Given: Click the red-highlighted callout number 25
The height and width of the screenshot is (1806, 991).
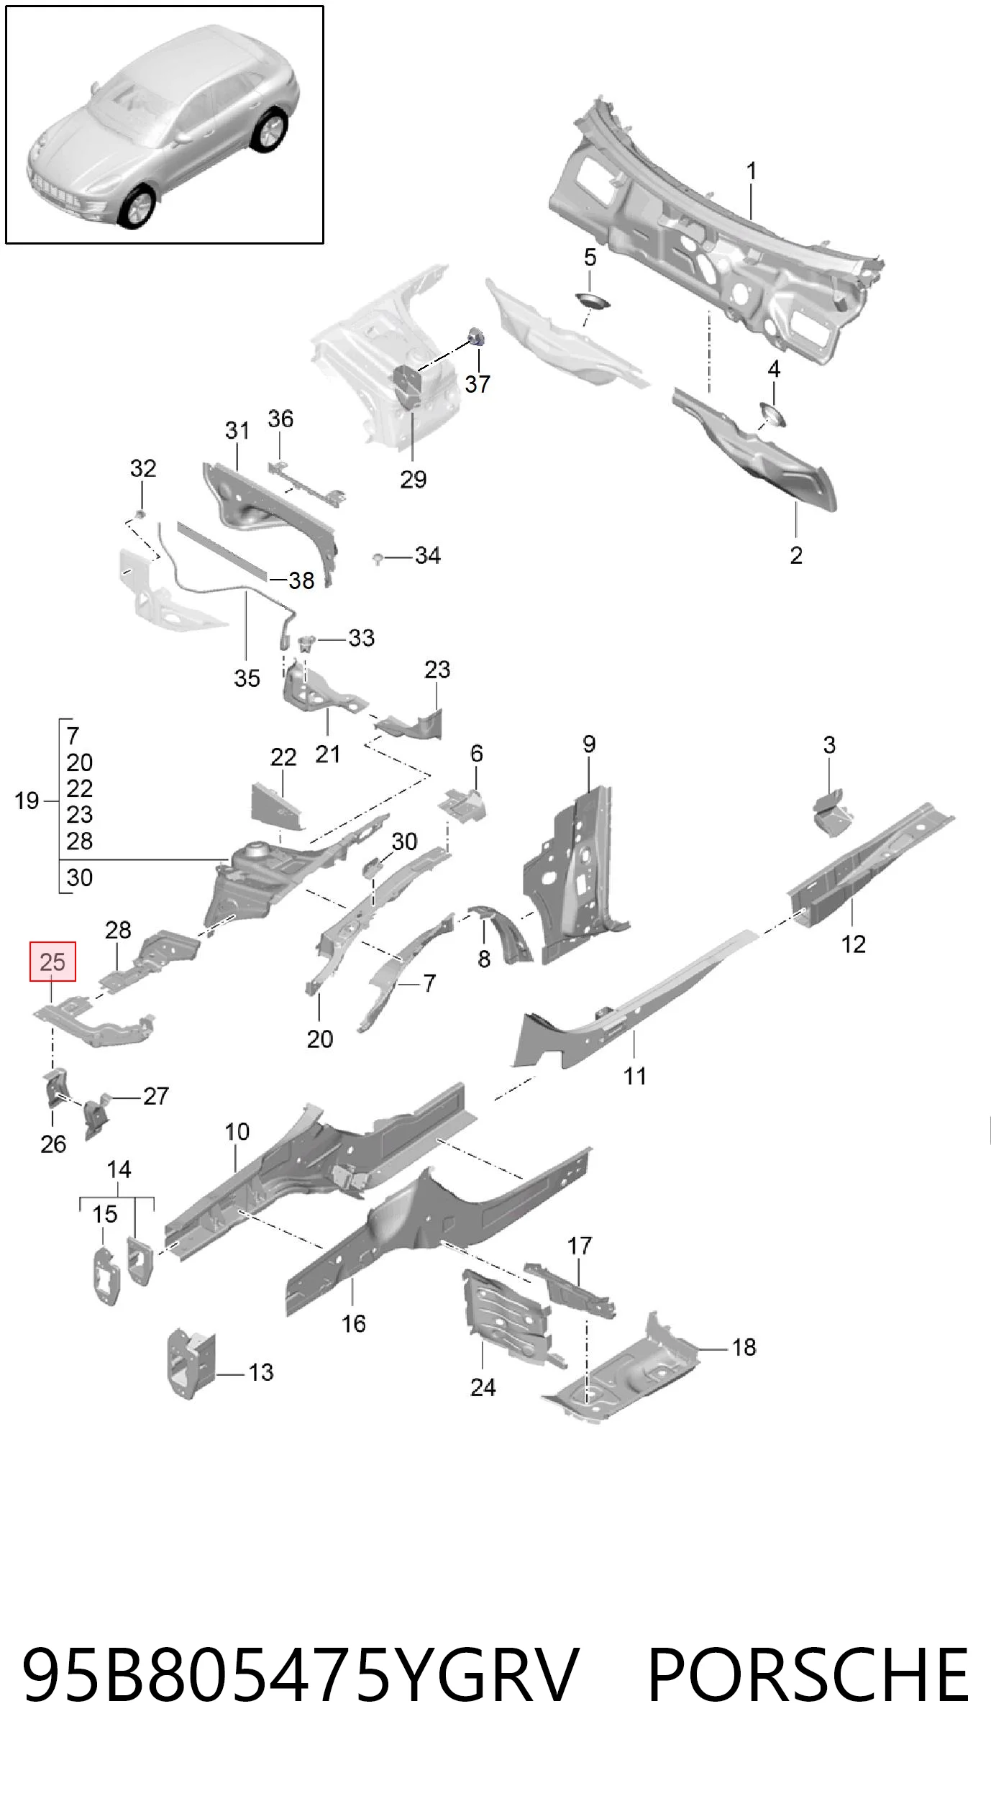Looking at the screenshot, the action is coord(52,962).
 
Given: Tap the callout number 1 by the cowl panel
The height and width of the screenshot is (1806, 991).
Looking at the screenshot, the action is coord(751,171).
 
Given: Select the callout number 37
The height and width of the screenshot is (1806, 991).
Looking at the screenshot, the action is coord(478,384).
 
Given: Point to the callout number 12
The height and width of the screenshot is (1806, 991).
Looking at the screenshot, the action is coord(853,944).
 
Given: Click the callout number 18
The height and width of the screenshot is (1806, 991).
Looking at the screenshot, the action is coord(744,1347).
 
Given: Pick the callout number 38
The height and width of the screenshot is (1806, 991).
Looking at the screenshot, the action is coord(301,580).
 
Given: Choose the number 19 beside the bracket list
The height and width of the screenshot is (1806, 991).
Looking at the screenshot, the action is coord(27,801).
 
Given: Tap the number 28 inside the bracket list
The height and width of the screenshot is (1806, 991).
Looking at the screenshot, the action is coord(79,841).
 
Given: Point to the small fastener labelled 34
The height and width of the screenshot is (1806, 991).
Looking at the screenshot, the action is coord(377,557).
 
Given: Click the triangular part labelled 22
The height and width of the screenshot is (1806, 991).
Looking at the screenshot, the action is coord(276,809).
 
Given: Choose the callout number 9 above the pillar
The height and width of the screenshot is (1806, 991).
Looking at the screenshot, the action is coord(589,744).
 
